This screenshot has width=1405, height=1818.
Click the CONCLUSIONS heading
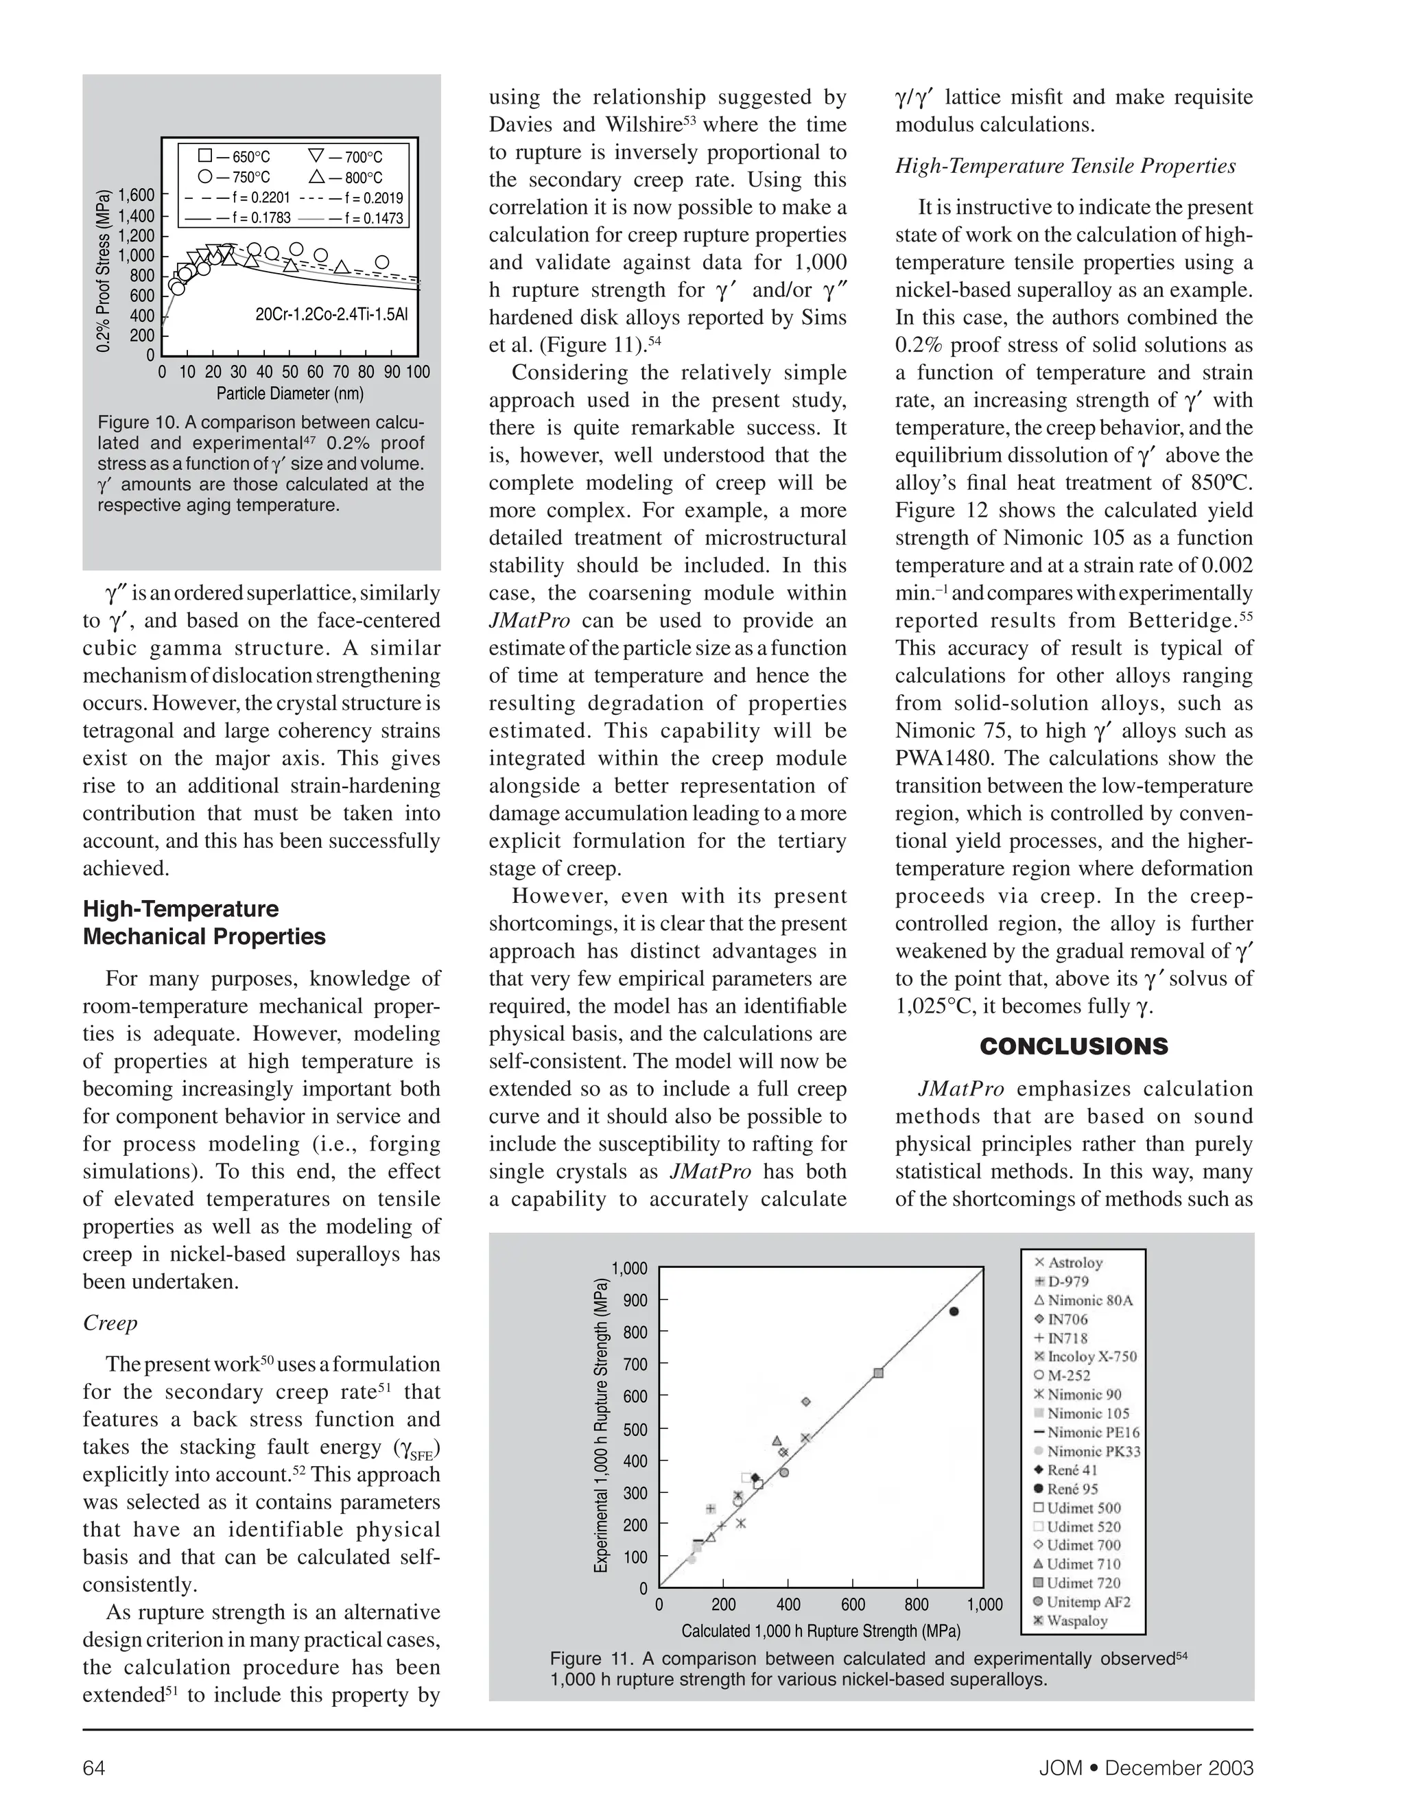[1074, 1047]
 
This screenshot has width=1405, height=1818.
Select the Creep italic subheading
[110, 1323]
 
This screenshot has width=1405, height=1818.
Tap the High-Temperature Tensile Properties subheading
[1065, 167]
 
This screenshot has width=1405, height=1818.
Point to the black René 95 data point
[954, 1311]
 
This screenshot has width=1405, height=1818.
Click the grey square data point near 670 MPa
[878, 1373]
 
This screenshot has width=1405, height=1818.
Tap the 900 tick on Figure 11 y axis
[635, 1300]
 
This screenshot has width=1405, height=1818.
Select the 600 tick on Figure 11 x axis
[853, 1604]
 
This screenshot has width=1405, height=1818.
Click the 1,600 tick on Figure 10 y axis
[137, 196]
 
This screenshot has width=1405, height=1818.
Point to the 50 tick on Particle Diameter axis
[290, 372]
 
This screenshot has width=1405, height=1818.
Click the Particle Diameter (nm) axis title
[290, 394]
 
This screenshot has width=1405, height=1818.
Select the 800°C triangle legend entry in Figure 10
[346, 177]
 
